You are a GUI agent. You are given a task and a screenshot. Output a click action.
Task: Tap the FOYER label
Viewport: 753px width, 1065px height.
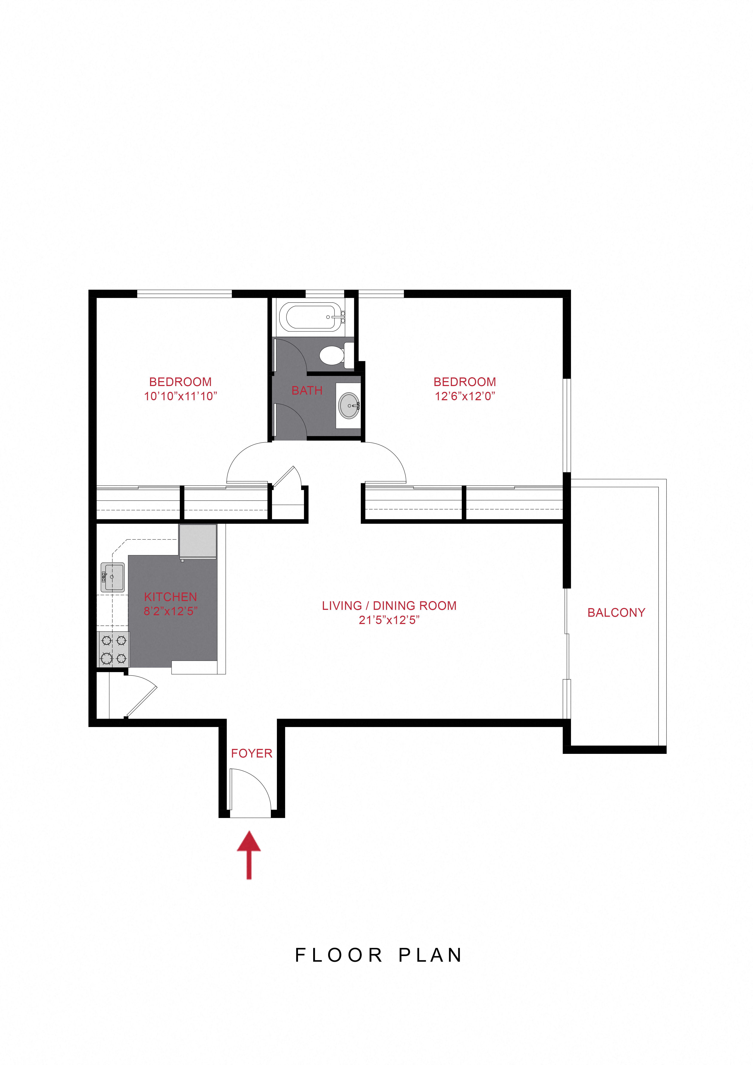coord(251,753)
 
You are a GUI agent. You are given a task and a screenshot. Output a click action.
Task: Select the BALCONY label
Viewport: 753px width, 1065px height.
coord(616,613)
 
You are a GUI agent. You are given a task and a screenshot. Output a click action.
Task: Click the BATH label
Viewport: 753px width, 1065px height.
coord(307,391)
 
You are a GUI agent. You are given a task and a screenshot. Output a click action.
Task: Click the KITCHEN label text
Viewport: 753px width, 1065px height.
coord(170,597)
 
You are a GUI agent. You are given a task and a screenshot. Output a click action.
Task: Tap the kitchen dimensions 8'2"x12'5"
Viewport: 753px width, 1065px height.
coord(170,611)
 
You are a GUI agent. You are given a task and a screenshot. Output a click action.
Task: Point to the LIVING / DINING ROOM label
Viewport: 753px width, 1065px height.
coord(389,606)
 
